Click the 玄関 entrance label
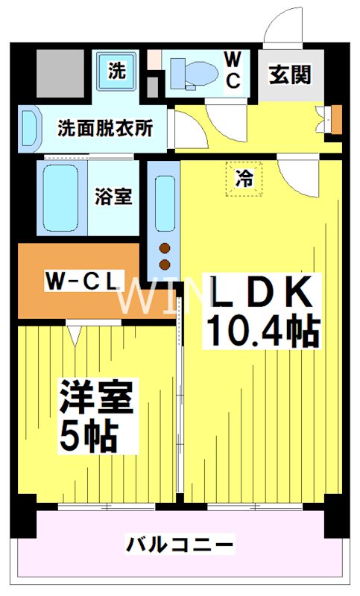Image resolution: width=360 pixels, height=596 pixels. [x=291, y=76]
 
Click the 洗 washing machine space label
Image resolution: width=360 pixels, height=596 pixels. [x=117, y=72]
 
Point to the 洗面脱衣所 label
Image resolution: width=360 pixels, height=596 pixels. [x=106, y=127]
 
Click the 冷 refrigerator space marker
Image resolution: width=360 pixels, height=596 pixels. [x=243, y=179]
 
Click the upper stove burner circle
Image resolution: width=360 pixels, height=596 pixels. [x=165, y=249]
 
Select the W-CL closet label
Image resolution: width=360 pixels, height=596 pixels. [x=81, y=281]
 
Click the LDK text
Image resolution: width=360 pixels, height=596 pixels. [x=261, y=293]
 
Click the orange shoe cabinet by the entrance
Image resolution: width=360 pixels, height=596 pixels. [x=336, y=118]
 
